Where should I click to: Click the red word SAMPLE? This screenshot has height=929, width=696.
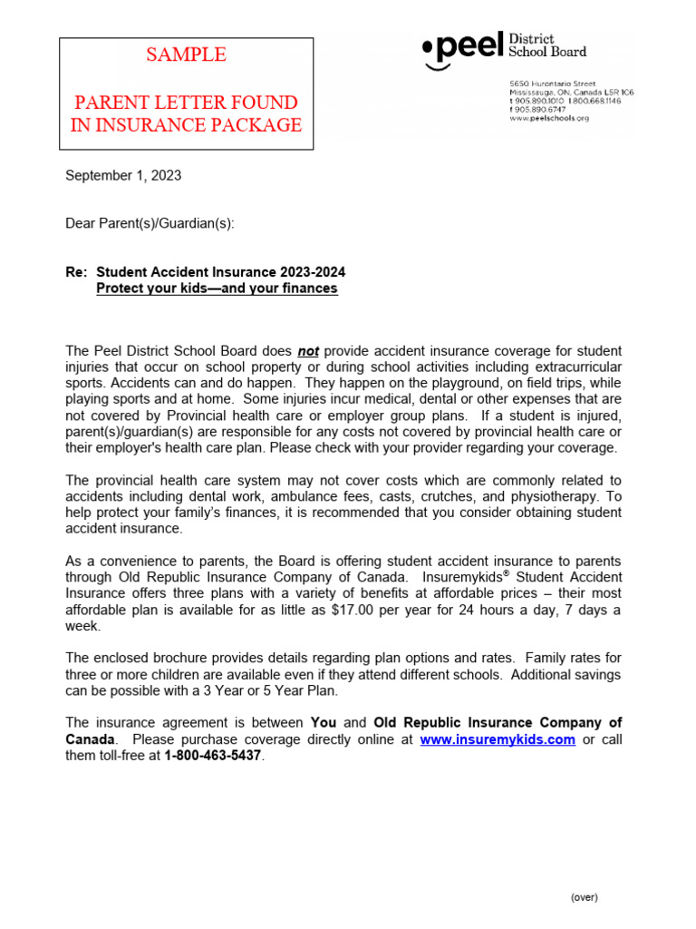pyautogui.click(x=187, y=55)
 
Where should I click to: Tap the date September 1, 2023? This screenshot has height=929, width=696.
pyautogui.click(x=123, y=176)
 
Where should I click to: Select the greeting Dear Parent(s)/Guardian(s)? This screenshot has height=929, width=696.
pyautogui.click(x=150, y=223)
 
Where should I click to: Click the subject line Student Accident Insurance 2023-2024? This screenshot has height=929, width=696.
pyautogui.click(x=220, y=272)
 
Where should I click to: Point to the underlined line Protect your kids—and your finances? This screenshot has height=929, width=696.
pyautogui.click(x=217, y=288)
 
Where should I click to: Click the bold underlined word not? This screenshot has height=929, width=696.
pyautogui.click(x=308, y=351)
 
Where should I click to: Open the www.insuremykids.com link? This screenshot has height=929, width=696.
pyautogui.click(x=498, y=739)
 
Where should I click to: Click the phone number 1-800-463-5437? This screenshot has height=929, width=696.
pyautogui.click(x=213, y=757)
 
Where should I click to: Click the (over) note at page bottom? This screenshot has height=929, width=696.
pyautogui.click(x=584, y=897)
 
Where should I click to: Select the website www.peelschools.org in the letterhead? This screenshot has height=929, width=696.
pyautogui.click(x=549, y=118)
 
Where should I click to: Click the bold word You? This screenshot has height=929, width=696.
pyautogui.click(x=324, y=722)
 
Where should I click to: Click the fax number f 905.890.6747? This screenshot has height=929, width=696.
pyautogui.click(x=544, y=109)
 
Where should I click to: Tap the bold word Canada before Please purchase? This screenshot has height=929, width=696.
pyautogui.click(x=91, y=739)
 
